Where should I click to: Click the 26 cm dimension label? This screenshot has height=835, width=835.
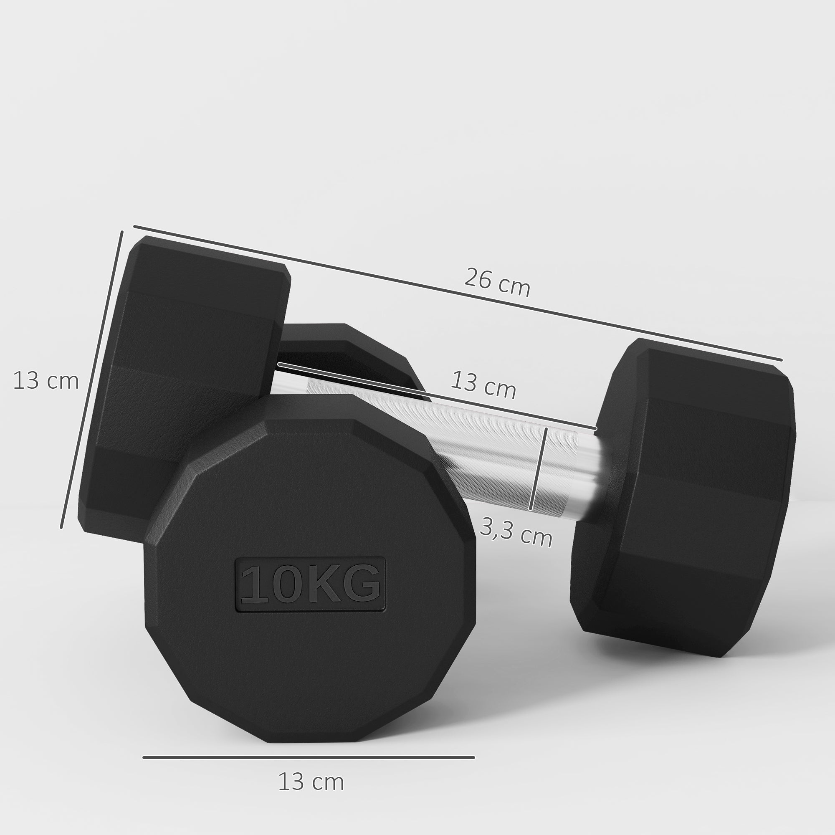[497, 283]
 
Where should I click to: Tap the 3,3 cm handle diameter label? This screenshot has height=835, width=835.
[516, 532]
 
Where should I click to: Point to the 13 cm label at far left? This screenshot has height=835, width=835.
[46, 381]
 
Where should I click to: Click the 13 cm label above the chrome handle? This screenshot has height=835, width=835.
[483, 384]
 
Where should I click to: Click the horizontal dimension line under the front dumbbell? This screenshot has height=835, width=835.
[309, 757]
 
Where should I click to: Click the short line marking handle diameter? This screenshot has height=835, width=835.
[538, 469]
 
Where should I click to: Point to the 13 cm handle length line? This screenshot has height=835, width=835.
[437, 396]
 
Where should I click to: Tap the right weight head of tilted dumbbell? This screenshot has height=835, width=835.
[691, 497]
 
